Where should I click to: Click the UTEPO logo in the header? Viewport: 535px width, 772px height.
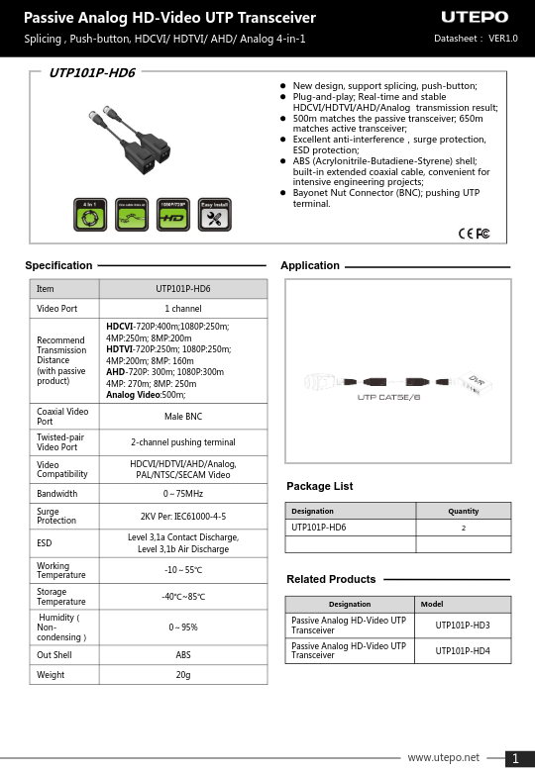[x=474, y=18]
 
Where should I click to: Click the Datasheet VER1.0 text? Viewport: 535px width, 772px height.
[x=476, y=39]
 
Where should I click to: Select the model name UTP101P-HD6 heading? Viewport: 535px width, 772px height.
[x=92, y=73]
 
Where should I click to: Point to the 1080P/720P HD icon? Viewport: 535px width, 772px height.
[x=173, y=215]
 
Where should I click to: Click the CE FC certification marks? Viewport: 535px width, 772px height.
[x=475, y=234]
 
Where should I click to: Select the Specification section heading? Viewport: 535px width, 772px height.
[x=58, y=265]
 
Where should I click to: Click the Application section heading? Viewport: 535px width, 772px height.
[x=310, y=265]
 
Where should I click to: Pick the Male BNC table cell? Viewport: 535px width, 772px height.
[x=183, y=417]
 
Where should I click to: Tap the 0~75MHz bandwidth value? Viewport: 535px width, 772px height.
[x=183, y=493]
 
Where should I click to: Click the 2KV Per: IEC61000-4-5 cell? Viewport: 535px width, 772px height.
[x=183, y=517]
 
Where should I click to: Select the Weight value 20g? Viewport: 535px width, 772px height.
[x=183, y=674]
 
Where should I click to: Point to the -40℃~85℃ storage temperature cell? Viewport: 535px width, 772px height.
[x=183, y=597]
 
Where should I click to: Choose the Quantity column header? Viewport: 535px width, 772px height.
[x=463, y=512]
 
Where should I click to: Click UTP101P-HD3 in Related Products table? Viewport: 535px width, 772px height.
[x=463, y=626]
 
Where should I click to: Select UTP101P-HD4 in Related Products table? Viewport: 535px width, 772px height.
[x=463, y=650]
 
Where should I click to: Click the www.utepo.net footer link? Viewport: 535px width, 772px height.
[x=443, y=757]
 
